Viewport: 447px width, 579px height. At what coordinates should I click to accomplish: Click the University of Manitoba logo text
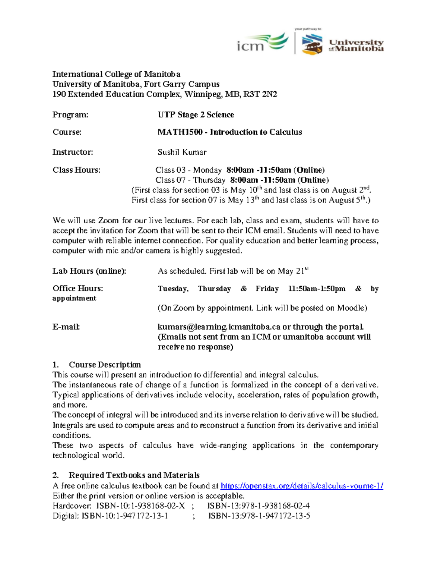coord(356,45)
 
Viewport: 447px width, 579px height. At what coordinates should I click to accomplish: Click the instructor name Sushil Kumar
coord(182,152)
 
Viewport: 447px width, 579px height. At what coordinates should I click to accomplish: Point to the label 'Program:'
coord(70,114)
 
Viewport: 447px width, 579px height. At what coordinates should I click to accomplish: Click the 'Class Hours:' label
coord(76,170)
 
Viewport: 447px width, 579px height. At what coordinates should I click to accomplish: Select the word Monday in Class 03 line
coord(207,170)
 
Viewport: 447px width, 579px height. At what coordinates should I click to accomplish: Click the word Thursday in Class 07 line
coord(209,180)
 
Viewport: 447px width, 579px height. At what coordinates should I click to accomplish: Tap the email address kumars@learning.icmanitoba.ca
coord(219,327)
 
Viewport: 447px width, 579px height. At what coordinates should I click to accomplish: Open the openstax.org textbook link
coord(302,486)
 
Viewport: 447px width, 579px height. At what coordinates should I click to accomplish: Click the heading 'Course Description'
coord(105,365)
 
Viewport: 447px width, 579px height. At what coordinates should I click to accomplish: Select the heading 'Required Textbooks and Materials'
coord(134,475)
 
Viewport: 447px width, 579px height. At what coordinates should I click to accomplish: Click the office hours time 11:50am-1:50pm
coord(317,289)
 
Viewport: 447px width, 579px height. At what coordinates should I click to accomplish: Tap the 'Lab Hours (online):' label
coord(89,271)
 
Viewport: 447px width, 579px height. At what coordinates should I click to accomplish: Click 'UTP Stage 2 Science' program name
coord(196,114)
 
